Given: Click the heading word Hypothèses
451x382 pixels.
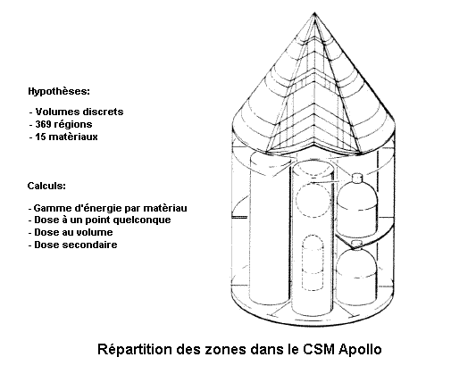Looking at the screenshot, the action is coord(59,91).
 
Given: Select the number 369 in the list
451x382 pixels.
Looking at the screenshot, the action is coord(43,124).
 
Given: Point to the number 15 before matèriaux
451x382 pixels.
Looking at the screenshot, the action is coord(40,137).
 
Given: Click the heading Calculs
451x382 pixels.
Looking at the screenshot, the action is coord(46,186).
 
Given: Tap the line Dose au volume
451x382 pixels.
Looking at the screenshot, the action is coord(71,232).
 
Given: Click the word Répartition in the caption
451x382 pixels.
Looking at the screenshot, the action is coord(135,349).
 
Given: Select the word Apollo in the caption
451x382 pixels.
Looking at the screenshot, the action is coord(360,349).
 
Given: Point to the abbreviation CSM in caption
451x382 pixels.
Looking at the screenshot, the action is coord(319,349).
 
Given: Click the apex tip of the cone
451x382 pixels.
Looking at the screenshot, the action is coord(314,13).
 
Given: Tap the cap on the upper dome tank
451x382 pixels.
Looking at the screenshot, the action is coord(357,178).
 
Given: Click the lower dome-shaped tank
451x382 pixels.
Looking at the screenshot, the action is coord(357,275).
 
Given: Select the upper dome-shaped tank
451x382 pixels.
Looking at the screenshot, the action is coord(357,205).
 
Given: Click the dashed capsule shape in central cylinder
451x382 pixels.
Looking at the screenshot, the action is coord(313,262).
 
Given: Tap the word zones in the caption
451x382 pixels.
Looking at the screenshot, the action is coord(225,349).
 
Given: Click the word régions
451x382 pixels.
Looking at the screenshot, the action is coord(73,124).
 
